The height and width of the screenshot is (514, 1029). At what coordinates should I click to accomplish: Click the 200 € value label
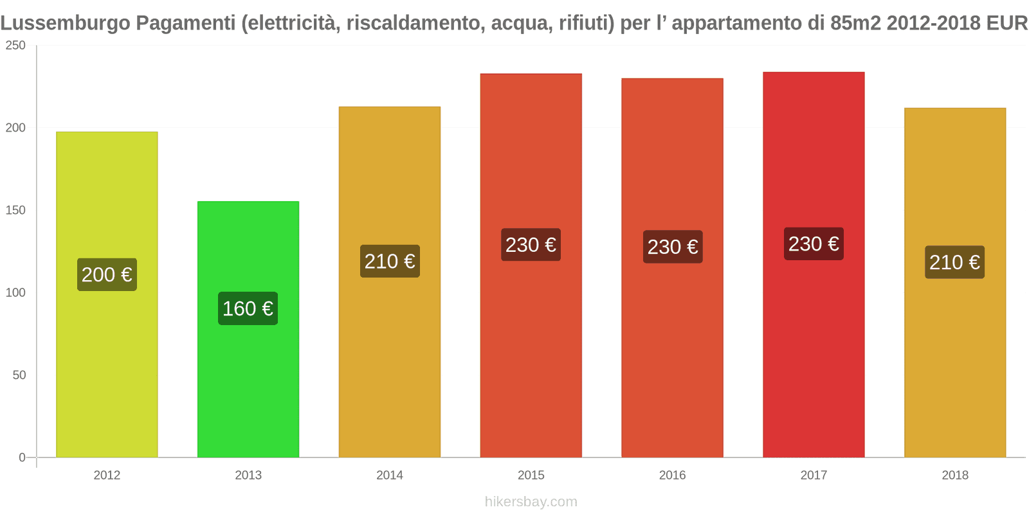107,275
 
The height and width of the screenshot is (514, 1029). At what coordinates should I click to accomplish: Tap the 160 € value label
248,309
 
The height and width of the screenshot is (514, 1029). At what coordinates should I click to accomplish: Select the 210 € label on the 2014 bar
390,261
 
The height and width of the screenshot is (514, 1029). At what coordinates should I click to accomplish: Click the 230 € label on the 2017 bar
814,244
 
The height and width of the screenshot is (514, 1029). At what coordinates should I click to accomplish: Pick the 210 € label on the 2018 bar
954,262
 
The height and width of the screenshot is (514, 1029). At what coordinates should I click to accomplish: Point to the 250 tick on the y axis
15,46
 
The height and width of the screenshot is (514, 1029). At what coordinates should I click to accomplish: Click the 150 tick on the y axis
15,210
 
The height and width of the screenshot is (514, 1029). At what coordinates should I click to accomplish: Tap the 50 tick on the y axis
19,375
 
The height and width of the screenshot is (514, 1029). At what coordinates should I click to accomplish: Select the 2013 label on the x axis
248,475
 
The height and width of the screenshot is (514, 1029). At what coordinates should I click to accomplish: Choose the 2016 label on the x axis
672,475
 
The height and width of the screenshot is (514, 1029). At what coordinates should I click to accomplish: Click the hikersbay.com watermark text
531,502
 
